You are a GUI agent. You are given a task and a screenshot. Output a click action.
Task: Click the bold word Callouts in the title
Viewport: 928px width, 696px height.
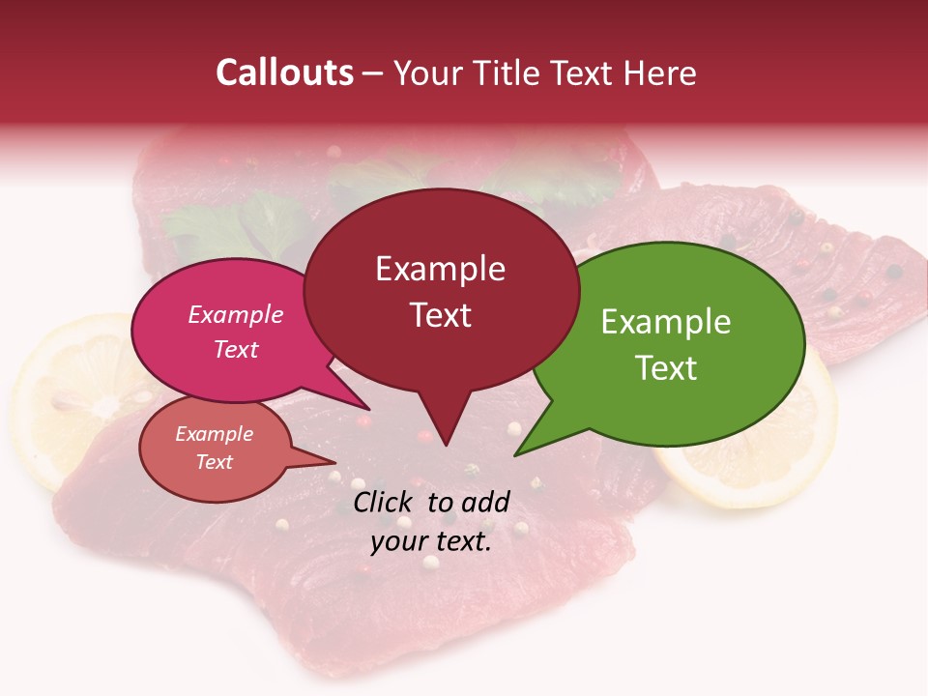(x=284, y=72)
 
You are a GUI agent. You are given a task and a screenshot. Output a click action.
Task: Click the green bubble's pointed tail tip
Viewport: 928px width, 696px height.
(x=516, y=454)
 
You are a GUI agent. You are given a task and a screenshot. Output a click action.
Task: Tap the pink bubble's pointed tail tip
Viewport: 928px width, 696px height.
(x=367, y=409)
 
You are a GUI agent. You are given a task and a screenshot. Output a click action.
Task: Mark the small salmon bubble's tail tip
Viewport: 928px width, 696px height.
(x=334, y=462)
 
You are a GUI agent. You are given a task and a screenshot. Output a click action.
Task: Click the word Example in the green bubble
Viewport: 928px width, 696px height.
(x=666, y=322)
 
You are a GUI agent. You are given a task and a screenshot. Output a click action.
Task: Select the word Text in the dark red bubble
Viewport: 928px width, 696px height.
(x=441, y=315)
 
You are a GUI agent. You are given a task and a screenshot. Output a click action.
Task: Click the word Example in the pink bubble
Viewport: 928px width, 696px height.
(x=236, y=314)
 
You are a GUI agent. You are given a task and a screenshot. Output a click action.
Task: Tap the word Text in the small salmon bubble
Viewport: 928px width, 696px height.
(x=215, y=462)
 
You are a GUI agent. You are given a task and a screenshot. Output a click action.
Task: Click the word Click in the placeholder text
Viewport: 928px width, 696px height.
(x=386, y=502)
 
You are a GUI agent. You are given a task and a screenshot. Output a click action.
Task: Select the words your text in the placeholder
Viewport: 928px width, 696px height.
(x=431, y=542)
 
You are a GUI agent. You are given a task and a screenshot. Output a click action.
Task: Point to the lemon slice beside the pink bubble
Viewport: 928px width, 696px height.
(x=72, y=396)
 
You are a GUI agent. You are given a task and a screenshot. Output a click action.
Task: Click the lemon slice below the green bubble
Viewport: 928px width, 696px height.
(x=764, y=454)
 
